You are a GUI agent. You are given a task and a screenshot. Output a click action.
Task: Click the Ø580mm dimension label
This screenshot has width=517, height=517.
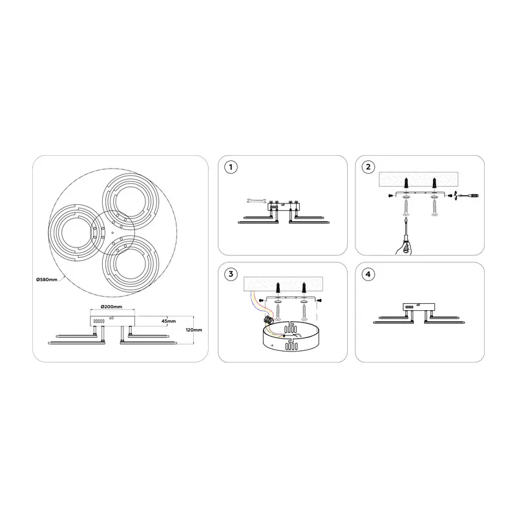point(47,280)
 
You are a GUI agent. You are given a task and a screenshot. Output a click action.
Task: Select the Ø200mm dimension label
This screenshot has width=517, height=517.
point(111,306)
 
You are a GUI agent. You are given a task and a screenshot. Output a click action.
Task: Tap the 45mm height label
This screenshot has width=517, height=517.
point(169,321)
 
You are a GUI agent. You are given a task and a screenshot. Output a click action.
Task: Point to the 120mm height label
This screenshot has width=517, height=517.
point(194,330)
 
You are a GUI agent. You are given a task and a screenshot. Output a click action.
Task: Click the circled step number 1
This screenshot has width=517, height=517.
point(231,167)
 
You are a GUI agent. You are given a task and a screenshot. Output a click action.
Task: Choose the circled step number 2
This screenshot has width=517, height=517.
point(368,167)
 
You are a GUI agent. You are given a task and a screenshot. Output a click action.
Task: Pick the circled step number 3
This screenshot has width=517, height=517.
point(231,274)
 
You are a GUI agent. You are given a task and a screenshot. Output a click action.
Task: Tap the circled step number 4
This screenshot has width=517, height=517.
point(368,274)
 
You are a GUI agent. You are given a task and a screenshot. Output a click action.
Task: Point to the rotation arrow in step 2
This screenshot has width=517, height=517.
point(456,196)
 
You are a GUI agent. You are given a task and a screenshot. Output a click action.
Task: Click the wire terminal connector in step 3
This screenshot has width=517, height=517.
point(268,319)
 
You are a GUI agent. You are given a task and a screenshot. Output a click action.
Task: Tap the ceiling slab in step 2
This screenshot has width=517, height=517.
point(418,180)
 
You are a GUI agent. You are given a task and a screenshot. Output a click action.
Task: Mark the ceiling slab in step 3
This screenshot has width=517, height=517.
point(283,284)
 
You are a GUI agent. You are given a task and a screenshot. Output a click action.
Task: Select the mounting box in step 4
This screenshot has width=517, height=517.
point(419,307)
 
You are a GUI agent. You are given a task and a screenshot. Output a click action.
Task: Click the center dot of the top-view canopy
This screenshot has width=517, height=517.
point(112,233)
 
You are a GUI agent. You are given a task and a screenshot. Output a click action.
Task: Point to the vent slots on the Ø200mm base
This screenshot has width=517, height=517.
point(99,321)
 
